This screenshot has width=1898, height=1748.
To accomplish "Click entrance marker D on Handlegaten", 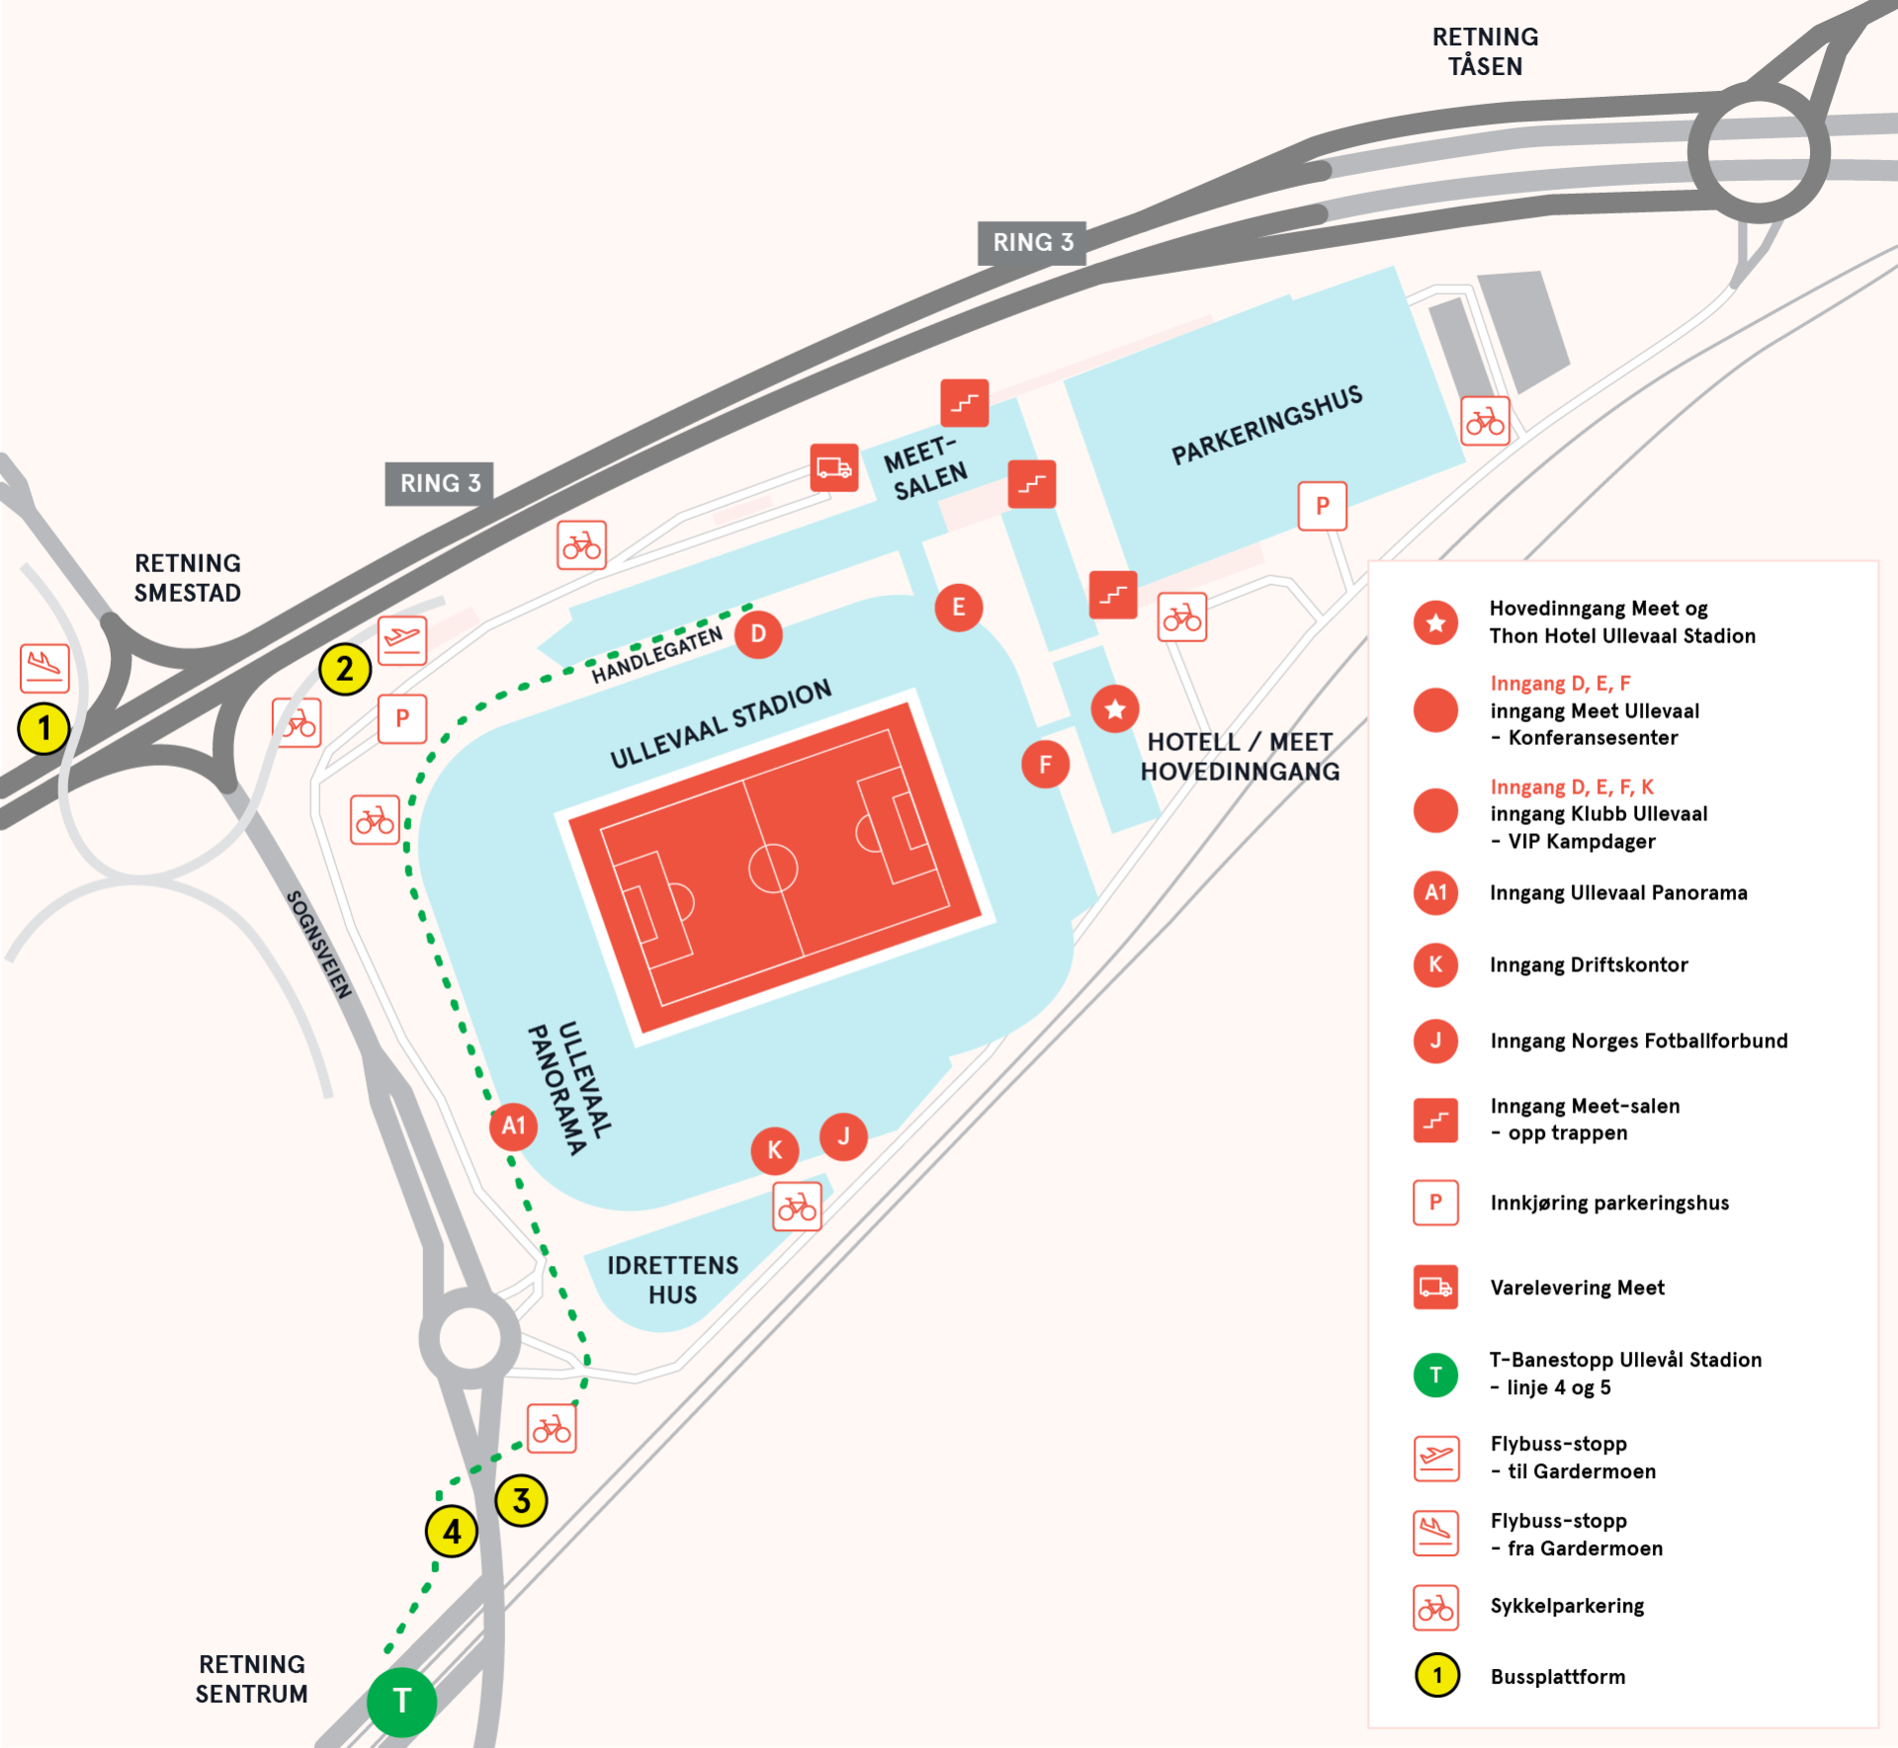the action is tap(758, 633).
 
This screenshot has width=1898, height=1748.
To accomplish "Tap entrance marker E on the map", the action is tap(958, 607).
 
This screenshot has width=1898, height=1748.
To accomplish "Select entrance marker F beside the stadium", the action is tap(1045, 764).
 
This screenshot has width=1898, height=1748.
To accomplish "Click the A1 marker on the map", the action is tap(513, 1125).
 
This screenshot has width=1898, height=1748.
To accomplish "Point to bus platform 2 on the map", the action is tap(345, 669).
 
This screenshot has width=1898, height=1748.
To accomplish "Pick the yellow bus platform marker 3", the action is tap(521, 1500).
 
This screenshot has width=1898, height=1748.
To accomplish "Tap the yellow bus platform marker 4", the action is tap(452, 1532).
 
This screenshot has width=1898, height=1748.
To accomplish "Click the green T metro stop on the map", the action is tap(401, 1702).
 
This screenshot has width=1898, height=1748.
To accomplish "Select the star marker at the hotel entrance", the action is tap(1115, 708).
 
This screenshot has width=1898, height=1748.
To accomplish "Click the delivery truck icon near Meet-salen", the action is tap(834, 467).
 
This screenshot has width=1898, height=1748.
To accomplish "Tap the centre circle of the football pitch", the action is tap(773, 869).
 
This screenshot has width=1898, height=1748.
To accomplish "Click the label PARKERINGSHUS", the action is tap(1266, 425).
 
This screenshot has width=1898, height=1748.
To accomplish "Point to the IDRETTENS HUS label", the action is tap(672, 1280).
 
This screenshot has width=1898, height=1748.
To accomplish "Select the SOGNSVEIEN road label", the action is tap(318, 945).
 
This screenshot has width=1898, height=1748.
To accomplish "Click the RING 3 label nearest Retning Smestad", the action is tap(439, 483).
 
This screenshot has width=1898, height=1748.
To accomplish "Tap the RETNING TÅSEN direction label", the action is tap(1485, 51).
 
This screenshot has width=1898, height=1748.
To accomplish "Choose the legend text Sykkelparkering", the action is tap(1567, 1606).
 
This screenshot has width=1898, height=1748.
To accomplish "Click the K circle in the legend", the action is tap(1435, 964).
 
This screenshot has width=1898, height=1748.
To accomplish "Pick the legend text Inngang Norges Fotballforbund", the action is tap(1639, 1040).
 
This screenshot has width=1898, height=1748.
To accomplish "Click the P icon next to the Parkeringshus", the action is tap(1323, 506).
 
